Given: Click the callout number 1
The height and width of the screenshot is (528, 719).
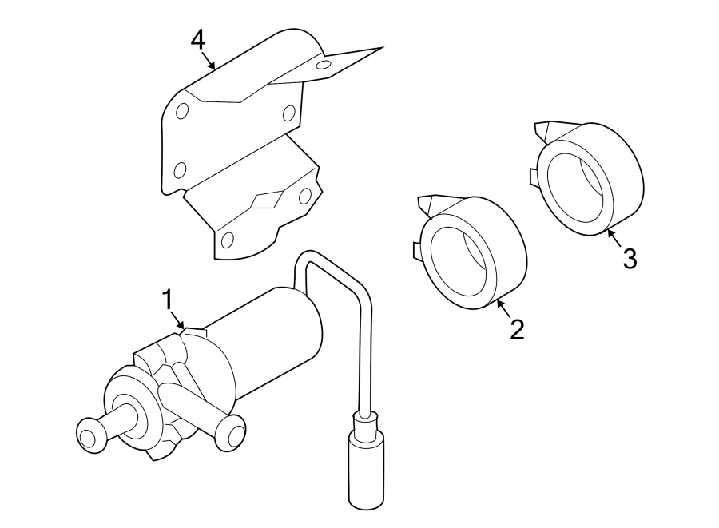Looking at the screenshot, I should pyautogui.click(x=168, y=300).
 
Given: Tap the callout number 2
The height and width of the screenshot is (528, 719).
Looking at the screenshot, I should pyautogui.click(x=517, y=329).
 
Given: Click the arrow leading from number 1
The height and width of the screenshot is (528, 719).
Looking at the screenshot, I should pyautogui.click(x=178, y=320).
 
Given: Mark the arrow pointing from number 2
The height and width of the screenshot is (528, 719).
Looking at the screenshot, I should pyautogui.click(x=503, y=308).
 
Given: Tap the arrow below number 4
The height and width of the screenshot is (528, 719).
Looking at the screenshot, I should pyautogui.click(x=209, y=62).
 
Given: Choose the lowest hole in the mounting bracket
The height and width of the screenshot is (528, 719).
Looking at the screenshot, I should pyautogui.click(x=228, y=239).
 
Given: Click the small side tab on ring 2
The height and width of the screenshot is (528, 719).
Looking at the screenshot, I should pyautogui.click(x=417, y=250).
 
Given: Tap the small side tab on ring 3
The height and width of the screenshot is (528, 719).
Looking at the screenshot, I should pyautogui.click(x=532, y=176).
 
